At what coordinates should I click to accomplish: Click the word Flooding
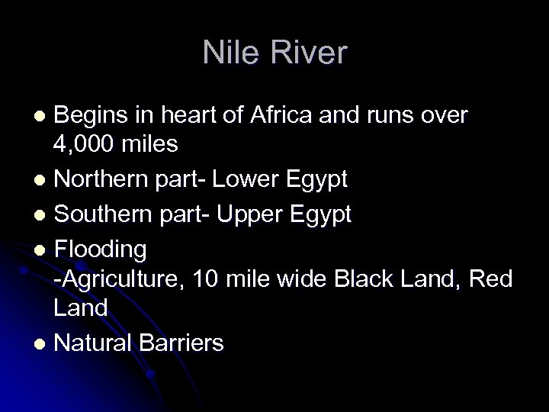pos(101,248)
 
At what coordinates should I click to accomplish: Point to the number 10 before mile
pos(205,279)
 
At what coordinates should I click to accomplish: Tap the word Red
pos(489,279)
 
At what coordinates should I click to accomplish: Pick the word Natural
pos(94,343)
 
